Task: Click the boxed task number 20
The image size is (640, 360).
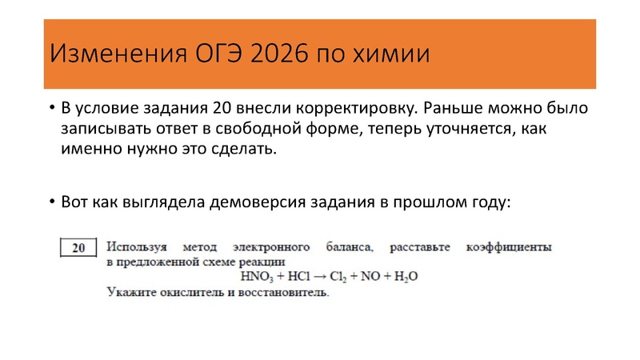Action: point(78,248)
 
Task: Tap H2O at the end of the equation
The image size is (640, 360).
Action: point(406,277)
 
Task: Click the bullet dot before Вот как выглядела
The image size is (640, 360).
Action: point(51,202)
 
